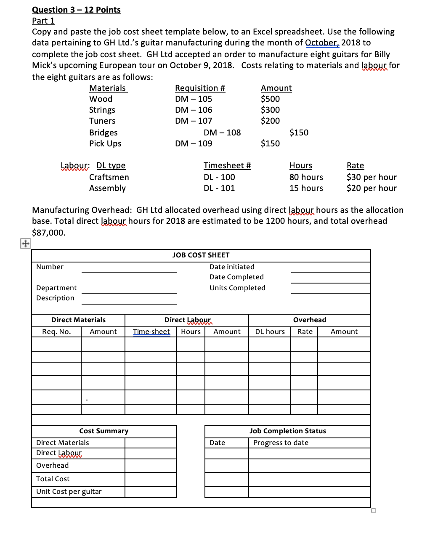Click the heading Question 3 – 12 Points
[x=76, y=10]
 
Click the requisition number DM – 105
[x=194, y=99]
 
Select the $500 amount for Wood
[x=270, y=99]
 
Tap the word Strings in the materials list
[x=102, y=110]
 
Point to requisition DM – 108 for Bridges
[x=222, y=133]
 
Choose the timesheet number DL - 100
[x=219, y=177]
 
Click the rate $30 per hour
[x=372, y=177]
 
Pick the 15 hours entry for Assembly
[x=306, y=188]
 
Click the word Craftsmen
[x=109, y=177]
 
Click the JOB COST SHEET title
[x=201, y=255]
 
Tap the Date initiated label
[x=232, y=267]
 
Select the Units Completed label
[x=237, y=288]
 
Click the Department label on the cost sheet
[x=56, y=288]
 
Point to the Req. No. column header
[x=56, y=331]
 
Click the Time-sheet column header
[x=151, y=331]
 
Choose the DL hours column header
[x=270, y=331]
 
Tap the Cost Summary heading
[x=104, y=431]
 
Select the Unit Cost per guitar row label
[x=69, y=491]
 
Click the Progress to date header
[x=281, y=443]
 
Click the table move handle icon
[x=25, y=243]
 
